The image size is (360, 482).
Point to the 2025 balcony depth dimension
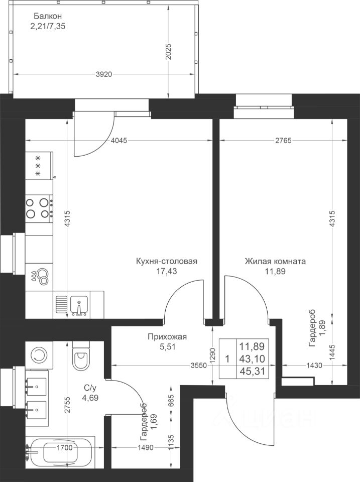(169, 52)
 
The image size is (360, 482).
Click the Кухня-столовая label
(166, 261)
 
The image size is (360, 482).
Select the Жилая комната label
(275, 261)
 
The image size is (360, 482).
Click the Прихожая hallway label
(162, 337)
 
